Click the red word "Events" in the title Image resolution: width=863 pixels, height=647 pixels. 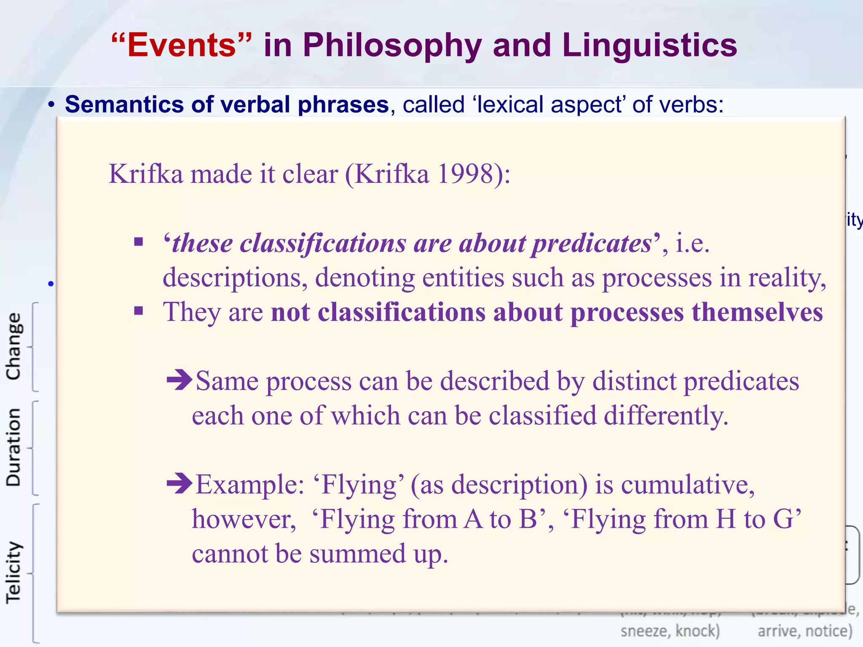click(x=182, y=45)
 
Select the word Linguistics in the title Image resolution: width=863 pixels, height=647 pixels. click(x=649, y=45)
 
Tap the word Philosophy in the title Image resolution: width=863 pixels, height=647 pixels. click(x=392, y=45)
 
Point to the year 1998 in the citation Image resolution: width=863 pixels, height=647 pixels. click(x=465, y=174)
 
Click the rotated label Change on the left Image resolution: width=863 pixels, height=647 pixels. click(x=13, y=346)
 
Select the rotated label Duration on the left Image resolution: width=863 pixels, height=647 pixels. click(x=13, y=447)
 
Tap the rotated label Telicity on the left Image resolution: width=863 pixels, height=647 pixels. click(x=13, y=573)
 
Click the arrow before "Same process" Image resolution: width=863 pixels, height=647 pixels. click(x=180, y=380)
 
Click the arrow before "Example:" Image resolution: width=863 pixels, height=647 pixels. click(x=180, y=484)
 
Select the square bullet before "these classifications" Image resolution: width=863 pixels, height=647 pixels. click(x=139, y=242)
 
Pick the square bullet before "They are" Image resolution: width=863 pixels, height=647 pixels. click(x=139, y=311)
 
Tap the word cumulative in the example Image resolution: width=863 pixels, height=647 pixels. click(x=687, y=484)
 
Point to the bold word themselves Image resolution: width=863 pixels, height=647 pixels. click(x=757, y=312)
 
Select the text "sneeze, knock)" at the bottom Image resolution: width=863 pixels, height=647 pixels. click(x=670, y=631)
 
